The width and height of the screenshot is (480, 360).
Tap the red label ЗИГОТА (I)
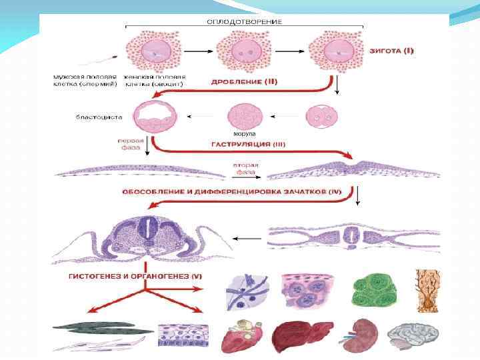click(x=392, y=51)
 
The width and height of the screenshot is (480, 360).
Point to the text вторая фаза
click(x=247, y=169)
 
